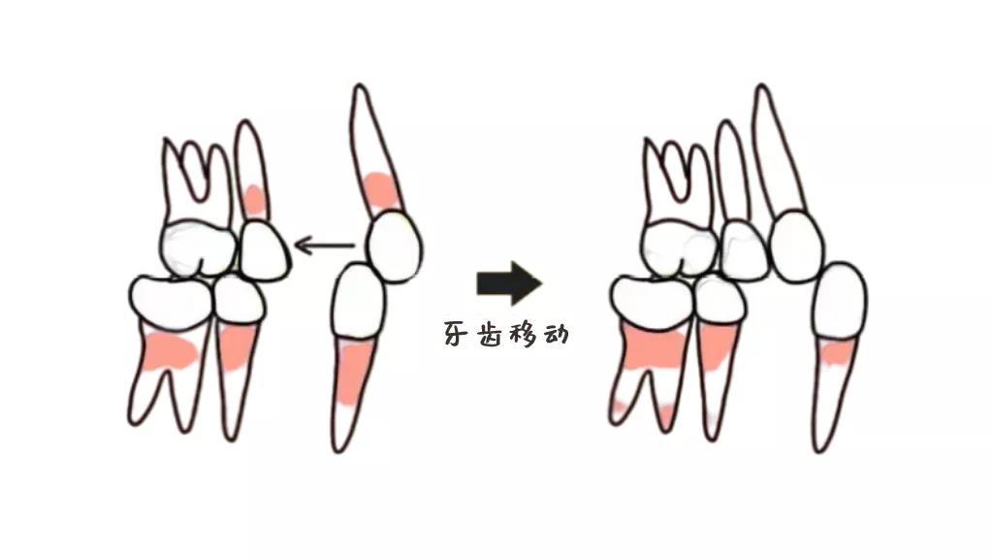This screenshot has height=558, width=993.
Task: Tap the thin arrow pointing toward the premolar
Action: click(x=323, y=246)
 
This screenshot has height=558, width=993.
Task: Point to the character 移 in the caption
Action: click(x=525, y=335)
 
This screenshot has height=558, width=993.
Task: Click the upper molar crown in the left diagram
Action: click(x=199, y=247)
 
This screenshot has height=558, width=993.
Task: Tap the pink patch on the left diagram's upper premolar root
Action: click(x=254, y=201)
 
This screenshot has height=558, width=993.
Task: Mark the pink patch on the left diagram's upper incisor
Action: click(x=379, y=191)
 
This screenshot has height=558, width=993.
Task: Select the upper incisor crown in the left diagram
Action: click(x=392, y=246)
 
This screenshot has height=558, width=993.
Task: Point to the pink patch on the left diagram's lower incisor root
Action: click(x=354, y=373)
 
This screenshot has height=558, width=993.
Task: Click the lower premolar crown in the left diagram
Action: click(x=239, y=300)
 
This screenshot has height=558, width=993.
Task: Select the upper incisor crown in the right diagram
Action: click(x=797, y=246)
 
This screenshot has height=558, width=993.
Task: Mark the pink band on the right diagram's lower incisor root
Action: click(x=835, y=353)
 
